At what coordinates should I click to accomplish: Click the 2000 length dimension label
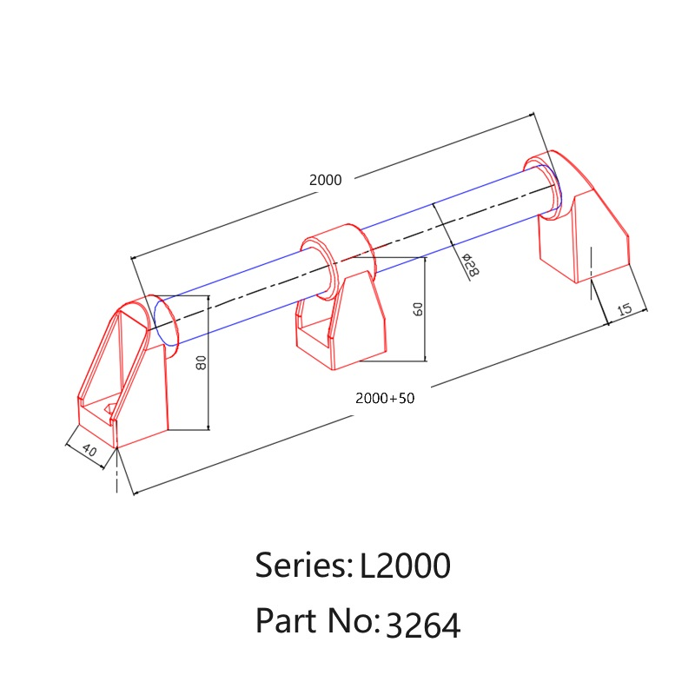pos(326,180)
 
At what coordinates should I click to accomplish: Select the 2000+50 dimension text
pos(386,398)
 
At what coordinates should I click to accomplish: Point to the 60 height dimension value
pos(418,309)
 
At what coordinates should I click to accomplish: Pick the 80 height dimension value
pos(201,363)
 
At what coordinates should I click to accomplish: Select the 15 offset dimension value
pos(624,309)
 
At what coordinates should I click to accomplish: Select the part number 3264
pos(422,625)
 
